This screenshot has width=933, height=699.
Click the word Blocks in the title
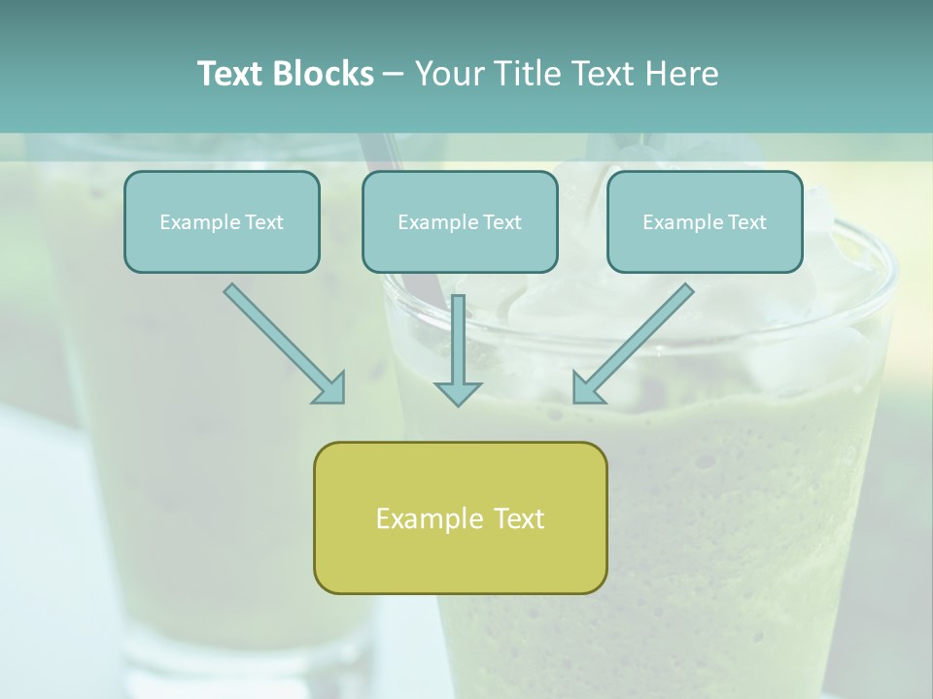pos(323,74)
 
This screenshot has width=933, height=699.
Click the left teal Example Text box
pos(222,222)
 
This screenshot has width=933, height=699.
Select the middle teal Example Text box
pos(460,222)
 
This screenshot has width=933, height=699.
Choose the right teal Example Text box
pos(705,222)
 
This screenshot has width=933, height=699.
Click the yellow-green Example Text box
pos(460,518)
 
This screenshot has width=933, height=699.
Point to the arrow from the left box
pos(282,342)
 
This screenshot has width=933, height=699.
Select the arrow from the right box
pos(637,340)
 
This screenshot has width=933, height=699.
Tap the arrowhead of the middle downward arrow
pos(458,392)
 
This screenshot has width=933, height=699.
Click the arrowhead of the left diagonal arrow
pos(330,388)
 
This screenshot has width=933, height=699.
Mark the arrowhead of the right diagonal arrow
pos(586,388)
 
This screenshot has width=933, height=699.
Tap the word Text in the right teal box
pos(746,222)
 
